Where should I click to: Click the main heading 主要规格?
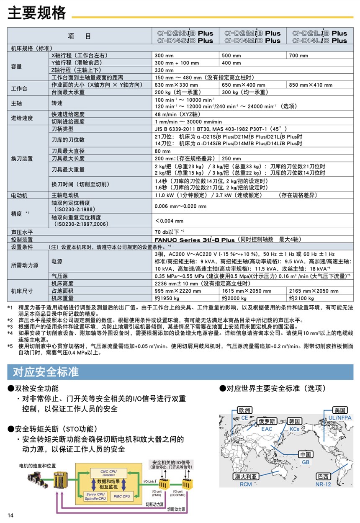(x=37, y=13)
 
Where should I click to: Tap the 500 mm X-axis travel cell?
(x=231, y=55)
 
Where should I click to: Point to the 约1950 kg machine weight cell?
(x=167, y=298)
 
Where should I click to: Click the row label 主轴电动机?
(x=65, y=195)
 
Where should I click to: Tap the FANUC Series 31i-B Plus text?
(x=194, y=240)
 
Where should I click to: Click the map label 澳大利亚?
(x=247, y=477)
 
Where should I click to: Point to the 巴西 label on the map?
(x=324, y=477)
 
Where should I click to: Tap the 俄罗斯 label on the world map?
(x=267, y=421)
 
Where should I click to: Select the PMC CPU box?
(x=121, y=496)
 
